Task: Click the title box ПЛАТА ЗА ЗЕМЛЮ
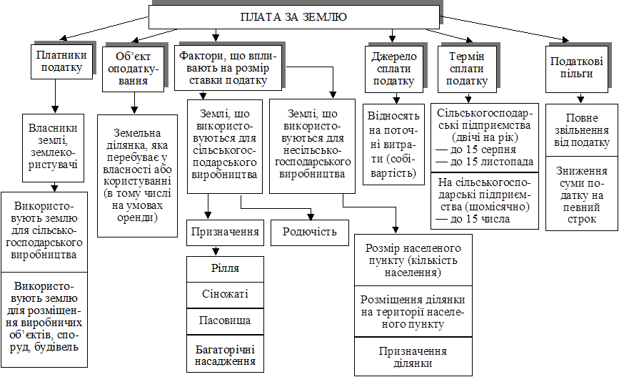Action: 293,17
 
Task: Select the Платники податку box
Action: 64,62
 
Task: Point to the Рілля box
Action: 225,268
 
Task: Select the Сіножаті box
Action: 225,294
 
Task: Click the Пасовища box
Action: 225,320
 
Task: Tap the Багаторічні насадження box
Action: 225,353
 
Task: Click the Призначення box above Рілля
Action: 225,232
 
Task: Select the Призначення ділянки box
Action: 412,357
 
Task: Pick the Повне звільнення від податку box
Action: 577,129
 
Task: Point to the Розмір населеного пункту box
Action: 412,260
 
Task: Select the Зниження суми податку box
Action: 577,194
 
